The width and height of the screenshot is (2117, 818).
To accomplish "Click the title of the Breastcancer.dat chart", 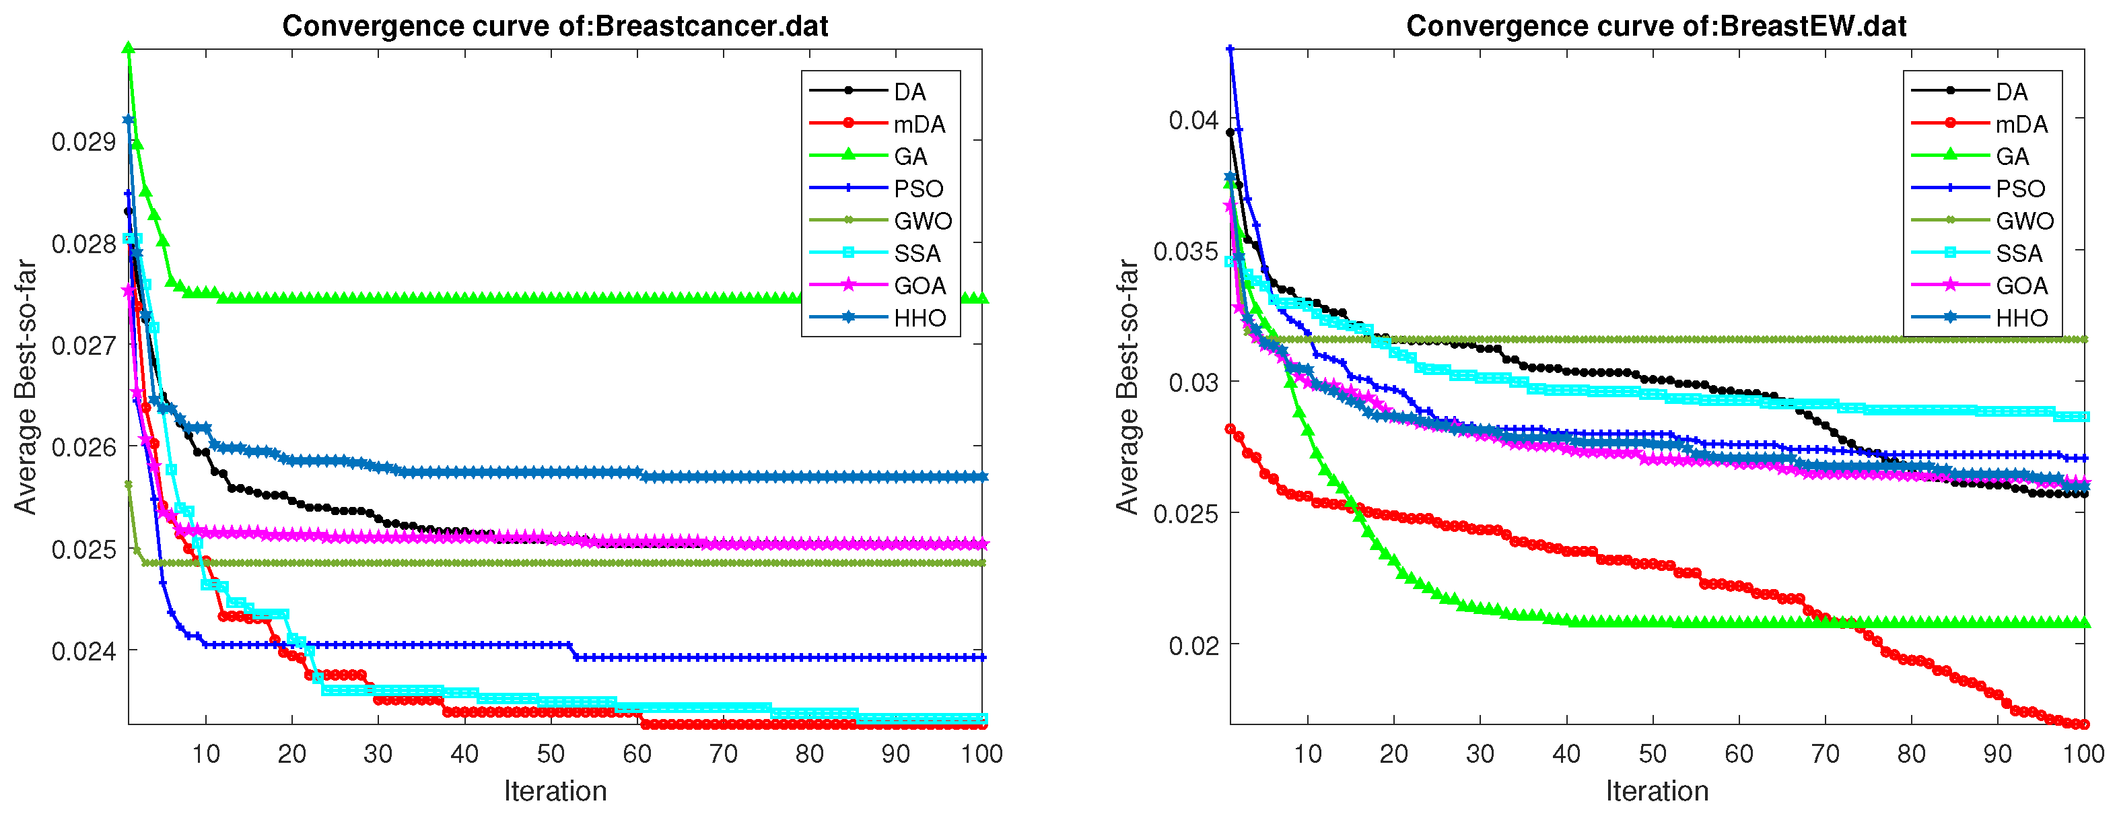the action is coord(555,26).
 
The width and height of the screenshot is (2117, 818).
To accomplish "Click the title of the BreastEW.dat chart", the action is coord(1656,26).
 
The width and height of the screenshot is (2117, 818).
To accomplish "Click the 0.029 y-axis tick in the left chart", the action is coord(83,141).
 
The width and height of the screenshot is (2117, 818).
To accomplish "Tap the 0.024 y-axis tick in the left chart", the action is coord(83,651).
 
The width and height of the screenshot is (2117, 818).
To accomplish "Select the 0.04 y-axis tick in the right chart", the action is coord(1193,120).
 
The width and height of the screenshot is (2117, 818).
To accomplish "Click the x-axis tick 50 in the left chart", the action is coord(551,754).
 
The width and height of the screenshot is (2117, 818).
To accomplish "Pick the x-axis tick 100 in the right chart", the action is coord(2084,754).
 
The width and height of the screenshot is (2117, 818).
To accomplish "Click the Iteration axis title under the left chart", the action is coord(555,791).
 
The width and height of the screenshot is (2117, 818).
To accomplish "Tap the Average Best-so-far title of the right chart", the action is coord(1127,387).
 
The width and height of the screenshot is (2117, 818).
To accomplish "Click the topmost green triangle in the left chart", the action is coord(128,48).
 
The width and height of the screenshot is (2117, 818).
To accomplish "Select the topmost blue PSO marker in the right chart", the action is coord(1230,49).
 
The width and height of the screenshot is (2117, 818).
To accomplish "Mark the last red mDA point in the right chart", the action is coord(2084,724).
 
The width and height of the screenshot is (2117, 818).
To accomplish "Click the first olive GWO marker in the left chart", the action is coord(128,484).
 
